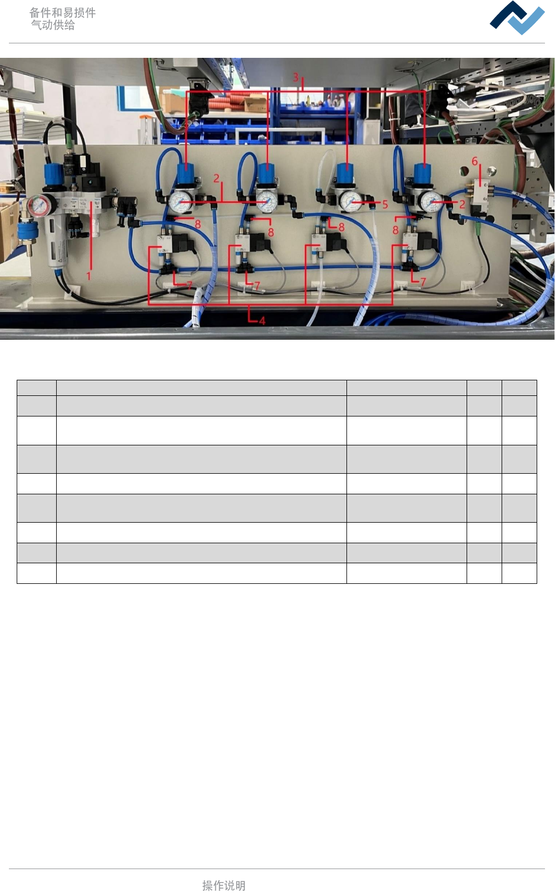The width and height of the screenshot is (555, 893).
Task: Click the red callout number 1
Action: click(x=88, y=275)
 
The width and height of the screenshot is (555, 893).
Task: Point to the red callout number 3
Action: click(x=296, y=77)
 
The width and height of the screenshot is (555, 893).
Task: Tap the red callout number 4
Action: click(x=262, y=320)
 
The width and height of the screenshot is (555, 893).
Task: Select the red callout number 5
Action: click(x=385, y=205)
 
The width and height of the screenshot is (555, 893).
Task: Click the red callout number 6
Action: click(x=474, y=161)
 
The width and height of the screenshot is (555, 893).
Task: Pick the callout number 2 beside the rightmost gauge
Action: click(x=462, y=204)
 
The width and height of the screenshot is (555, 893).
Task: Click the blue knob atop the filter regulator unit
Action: click(x=54, y=174)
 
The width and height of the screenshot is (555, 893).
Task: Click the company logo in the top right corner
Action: click(x=517, y=18)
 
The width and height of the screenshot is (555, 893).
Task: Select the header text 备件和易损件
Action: click(x=62, y=12)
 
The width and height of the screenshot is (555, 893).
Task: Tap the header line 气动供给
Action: click(x=53, y=25)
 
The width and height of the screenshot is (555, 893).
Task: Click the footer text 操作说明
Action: click(x=224, y=885)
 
